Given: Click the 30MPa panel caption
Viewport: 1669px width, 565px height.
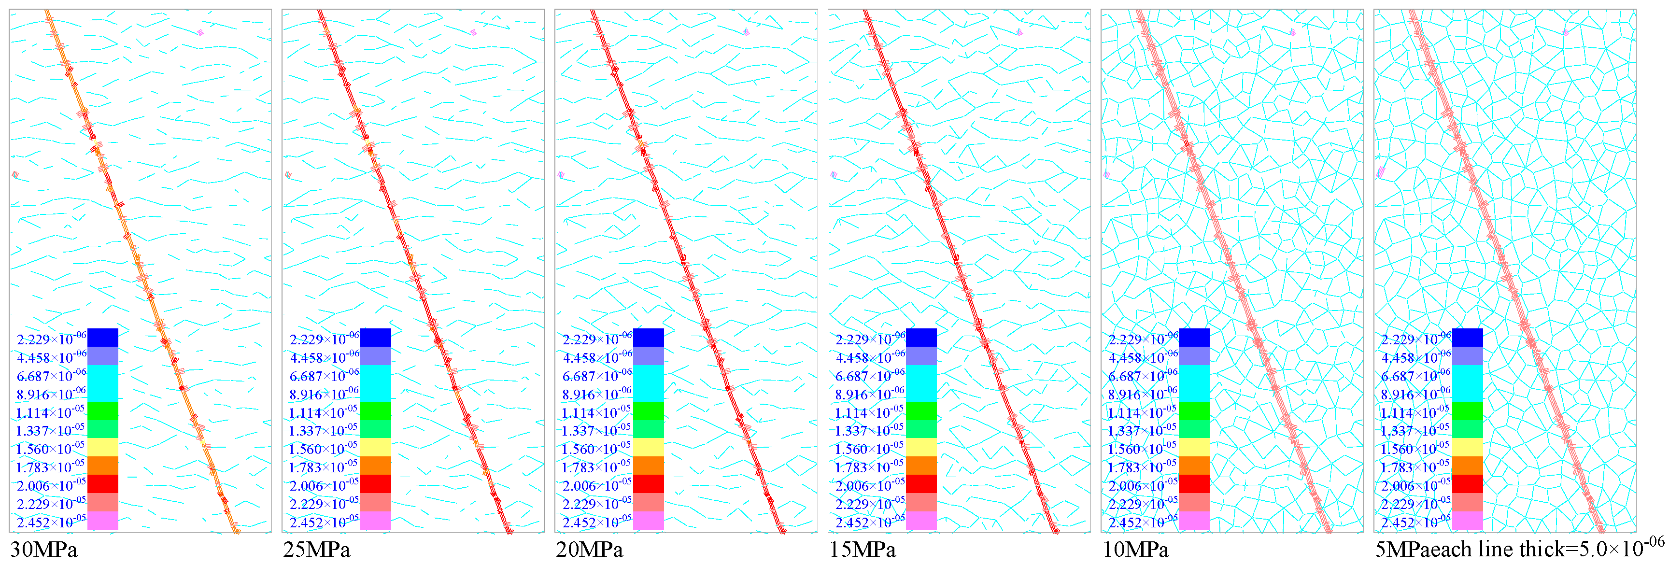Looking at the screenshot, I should [x=44, y=550].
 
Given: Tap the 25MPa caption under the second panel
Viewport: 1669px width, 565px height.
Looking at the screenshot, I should [x=317, y=550].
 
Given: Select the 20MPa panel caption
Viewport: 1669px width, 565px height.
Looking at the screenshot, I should [x=590, y=550].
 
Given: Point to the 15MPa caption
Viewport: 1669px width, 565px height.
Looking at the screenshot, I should [x=863, y=550].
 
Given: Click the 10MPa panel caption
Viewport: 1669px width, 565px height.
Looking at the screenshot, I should [x=1136, y=550].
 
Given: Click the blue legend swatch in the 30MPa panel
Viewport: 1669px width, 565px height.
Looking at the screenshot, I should [x=102, y=338].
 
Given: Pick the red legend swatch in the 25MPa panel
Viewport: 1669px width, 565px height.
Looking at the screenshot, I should [x=376, y=484].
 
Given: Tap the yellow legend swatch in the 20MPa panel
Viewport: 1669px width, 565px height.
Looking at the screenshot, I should [x=649, y=447].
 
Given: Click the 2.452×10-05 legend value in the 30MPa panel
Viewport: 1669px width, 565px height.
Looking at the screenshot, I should [x=51, y=522].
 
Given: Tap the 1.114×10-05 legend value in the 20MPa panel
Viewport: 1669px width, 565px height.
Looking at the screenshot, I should [x=596, y=412].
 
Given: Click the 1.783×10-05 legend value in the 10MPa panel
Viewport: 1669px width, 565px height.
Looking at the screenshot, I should [x=1142, y=466].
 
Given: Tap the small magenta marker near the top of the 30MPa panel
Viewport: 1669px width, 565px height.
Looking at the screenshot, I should [x=201, y=31].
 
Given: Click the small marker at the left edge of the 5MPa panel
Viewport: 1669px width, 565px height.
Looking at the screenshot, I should [x=1381, y=172].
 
